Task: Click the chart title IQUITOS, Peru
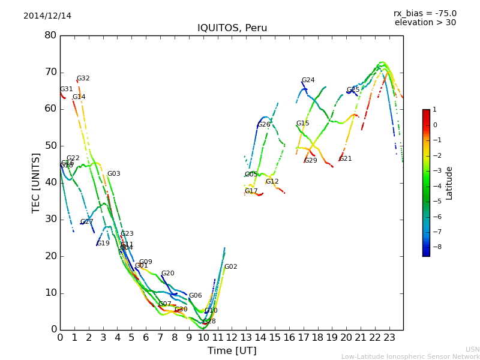[x=232, y=28]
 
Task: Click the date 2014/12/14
[x=47, y=16]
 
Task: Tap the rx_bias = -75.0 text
[x=425, y=13]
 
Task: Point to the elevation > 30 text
[x=425, y=23]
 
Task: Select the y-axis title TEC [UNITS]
[x=37, y=182]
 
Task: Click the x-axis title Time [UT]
[x=232, y=351]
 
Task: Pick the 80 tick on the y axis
[x=50, y=35]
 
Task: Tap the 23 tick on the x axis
[x=389, y=337]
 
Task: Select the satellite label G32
[x=83, y=79]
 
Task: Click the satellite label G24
[x=308, y=80]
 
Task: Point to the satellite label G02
[x=231, y=267]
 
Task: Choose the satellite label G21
[x=346, y=159]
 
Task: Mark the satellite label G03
[x=114, y=174]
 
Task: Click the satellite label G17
[x=251, y=191]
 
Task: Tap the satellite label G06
[x=196, y=296]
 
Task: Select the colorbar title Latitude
[x=449, y=183]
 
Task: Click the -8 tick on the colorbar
[x=435, y=246]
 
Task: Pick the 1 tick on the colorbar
[x=434, y=110]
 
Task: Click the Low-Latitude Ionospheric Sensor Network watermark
[x=410, y=357]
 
